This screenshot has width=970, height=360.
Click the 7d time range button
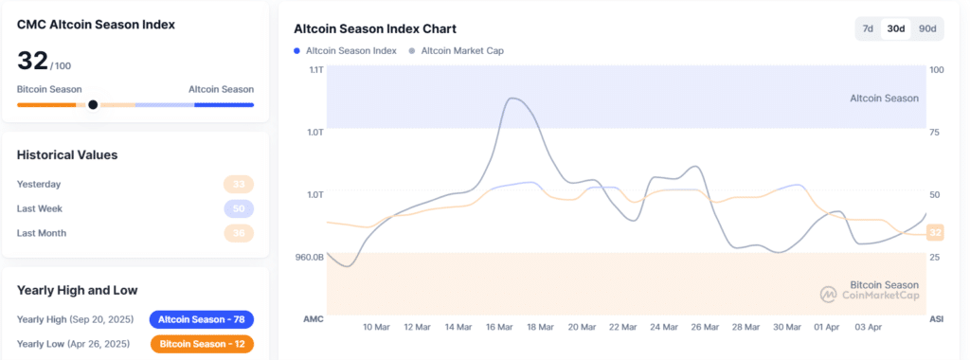click(868, 28)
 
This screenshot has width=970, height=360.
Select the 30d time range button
click(895, 28)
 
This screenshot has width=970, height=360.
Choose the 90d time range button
click(927, 28)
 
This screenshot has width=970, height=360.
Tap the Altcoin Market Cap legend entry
click(456, 50)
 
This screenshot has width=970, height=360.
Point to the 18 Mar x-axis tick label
click(540, 327)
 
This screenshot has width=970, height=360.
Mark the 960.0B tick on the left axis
click(309, 257)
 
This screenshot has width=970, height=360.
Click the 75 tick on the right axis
click(936, 133)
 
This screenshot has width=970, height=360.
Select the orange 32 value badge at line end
click(935, 233)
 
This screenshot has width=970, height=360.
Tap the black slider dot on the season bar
click(93, 104)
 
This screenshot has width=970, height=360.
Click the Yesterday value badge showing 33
click(238, 185)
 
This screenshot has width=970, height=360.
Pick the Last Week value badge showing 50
click(238, 208)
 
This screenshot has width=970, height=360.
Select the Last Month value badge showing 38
click(238, 233)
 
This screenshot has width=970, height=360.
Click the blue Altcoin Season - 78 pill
click(201, 320)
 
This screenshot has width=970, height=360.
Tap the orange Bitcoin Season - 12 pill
click(201, 344)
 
